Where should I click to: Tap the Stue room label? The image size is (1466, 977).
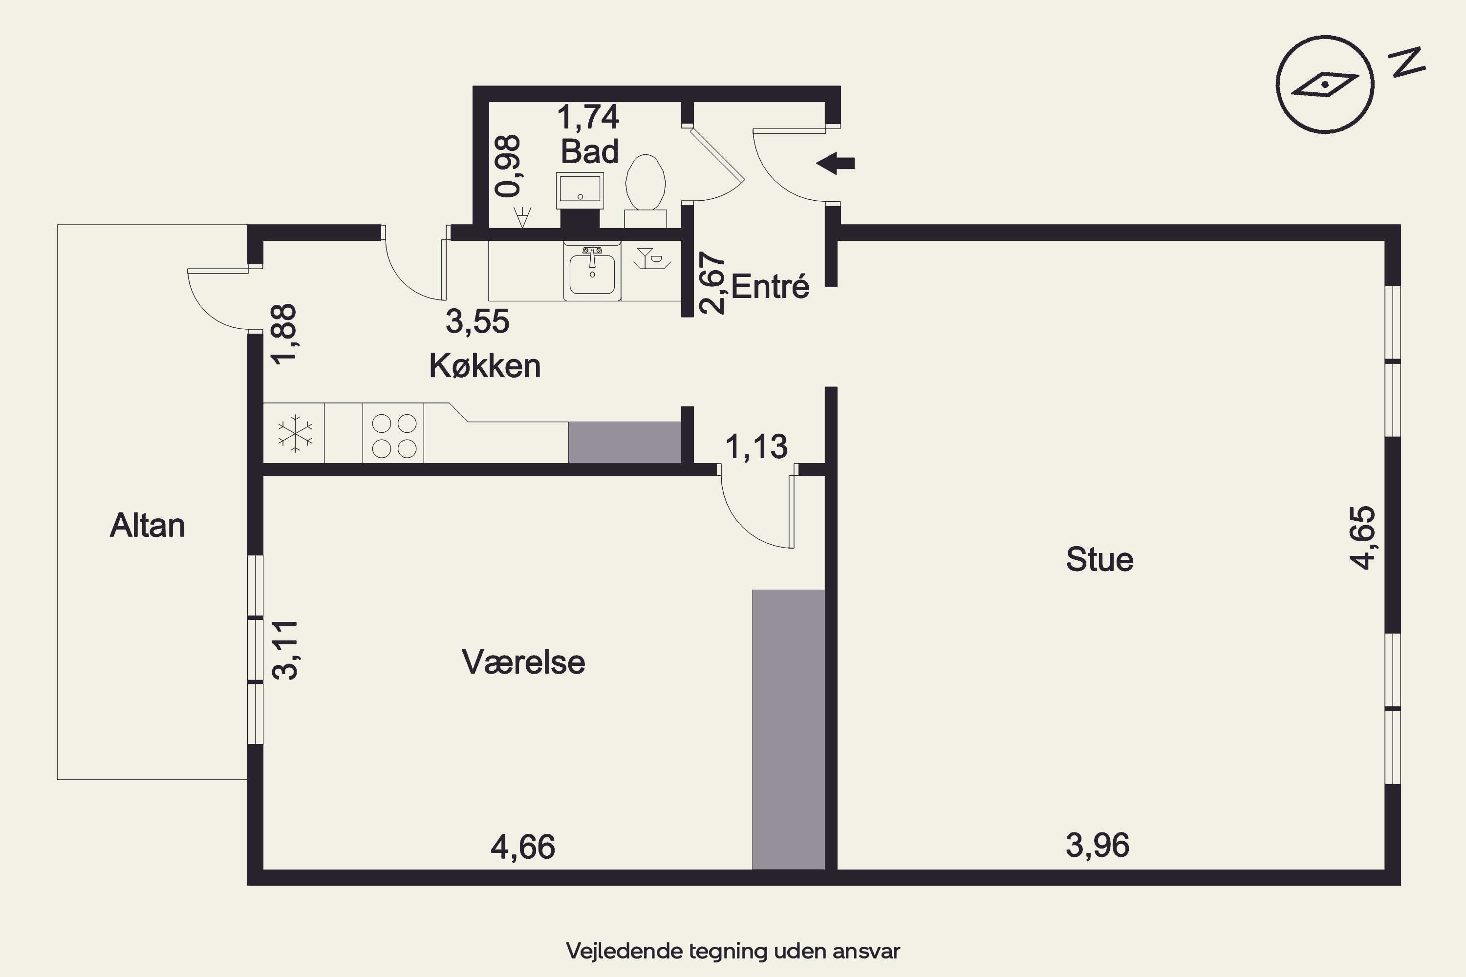[x=1099, y=559]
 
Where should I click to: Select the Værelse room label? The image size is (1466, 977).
[x=523, y=662]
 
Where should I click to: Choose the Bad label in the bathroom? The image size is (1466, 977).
[x=590, y=151]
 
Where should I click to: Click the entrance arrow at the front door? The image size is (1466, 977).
[x=835, y=163]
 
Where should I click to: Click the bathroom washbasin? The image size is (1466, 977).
[x=580, y=190]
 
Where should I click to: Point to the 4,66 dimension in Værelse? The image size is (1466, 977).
[x=523, y=847]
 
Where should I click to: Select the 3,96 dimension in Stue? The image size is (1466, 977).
[x=1098, y=845]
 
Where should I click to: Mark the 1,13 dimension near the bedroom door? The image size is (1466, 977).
[x=756, y=447]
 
